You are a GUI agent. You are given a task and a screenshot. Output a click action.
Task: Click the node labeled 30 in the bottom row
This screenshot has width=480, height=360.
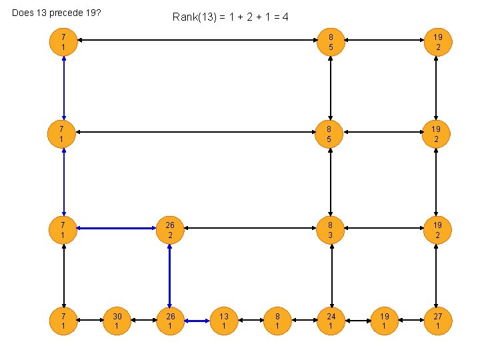(117, 321)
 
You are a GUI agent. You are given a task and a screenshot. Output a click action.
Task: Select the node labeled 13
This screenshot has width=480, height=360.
(224, 321)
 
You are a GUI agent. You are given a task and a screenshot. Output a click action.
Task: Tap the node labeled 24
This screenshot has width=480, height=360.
(331, 321)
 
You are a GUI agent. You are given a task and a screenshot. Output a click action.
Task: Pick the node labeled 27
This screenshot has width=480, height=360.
(437, 321)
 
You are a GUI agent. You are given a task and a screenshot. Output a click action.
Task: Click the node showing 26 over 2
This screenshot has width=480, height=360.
(170, 230)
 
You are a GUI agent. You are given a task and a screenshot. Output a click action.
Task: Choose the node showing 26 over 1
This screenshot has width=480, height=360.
(170, 321)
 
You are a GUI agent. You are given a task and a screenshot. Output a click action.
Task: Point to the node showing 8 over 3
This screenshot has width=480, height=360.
(331, 230)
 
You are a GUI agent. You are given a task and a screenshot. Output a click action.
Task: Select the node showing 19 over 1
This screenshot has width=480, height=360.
(384, 321)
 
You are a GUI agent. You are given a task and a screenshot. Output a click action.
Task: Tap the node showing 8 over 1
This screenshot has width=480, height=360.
(277, 321)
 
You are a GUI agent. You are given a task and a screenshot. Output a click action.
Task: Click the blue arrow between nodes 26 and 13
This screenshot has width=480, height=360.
(197, 321)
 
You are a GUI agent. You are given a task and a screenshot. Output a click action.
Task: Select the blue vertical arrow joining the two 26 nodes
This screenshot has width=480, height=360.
(170, 275)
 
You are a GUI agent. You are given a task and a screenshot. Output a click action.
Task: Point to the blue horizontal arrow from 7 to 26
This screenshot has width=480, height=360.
(117, 228)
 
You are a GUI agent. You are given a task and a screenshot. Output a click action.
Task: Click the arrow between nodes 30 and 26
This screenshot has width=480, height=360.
(143, 321)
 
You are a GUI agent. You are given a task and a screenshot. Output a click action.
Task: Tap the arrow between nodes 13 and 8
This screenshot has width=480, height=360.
(251, 321)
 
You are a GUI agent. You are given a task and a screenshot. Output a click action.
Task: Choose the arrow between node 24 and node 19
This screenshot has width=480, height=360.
(357, 321)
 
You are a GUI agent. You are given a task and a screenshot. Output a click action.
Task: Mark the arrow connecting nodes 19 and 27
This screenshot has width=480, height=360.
(411, 321)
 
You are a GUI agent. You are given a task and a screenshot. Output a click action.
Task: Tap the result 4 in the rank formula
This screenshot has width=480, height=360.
(285, 17)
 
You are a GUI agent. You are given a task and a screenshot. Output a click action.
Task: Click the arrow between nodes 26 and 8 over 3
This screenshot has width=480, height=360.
(250, 228)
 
